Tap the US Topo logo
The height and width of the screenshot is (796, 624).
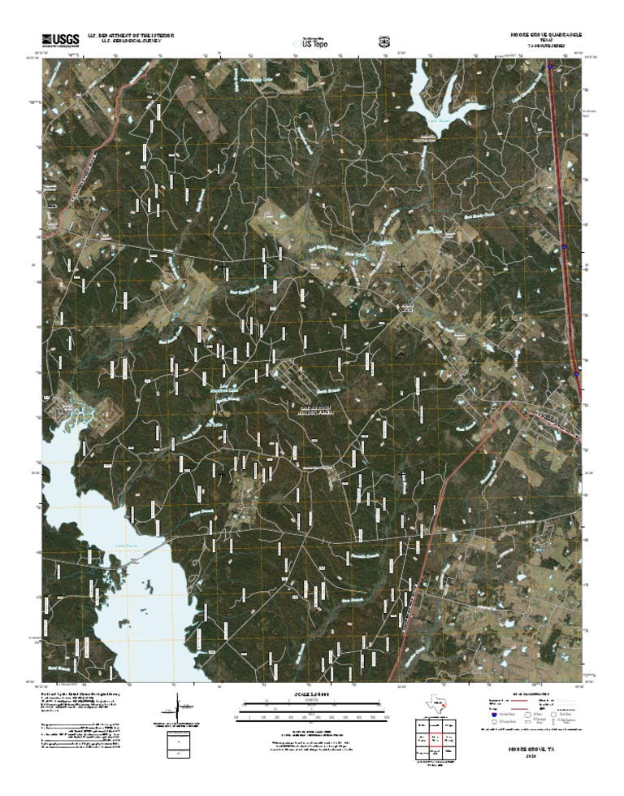(x=313, y=42)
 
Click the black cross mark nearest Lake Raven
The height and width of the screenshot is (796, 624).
(x=401, y=266)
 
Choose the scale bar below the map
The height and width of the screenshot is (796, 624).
(x=312, y=715)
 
